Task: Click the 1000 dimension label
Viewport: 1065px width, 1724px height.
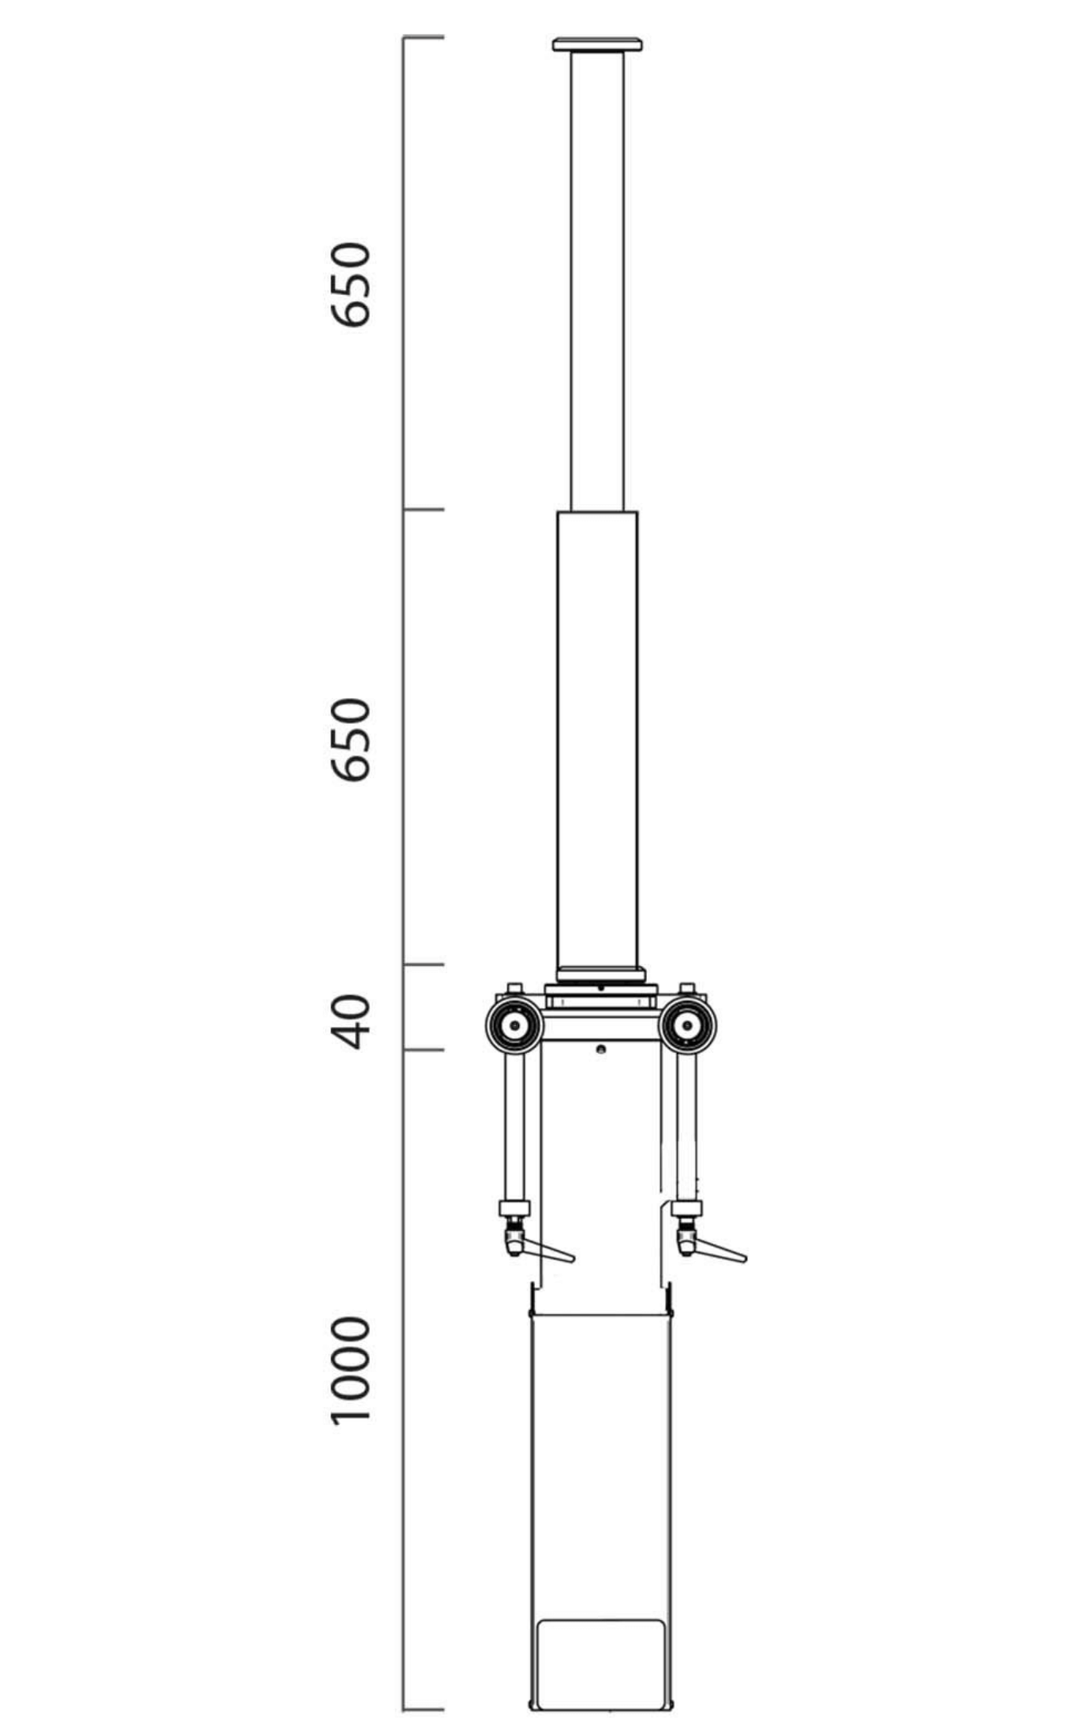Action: coord(349,1371)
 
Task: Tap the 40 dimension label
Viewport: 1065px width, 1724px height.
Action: coord(349,1021)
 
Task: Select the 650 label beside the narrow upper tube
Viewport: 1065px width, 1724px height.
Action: coord(349,284)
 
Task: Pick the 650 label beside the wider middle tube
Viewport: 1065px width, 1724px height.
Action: coord(349,739)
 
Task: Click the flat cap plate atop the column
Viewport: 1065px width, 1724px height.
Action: coord(597,44)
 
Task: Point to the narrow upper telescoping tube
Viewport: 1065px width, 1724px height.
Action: coord(597,281)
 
